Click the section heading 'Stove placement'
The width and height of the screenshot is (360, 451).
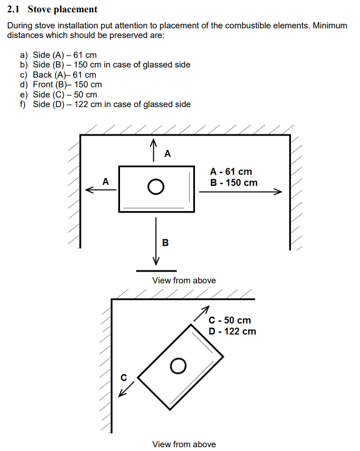click(x=63, y=9)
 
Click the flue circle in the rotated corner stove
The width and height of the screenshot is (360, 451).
click(x=178, y=366)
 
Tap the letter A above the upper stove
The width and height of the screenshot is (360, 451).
click(x=168, y=154)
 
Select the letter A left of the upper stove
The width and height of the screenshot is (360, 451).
click(x=106, y=182)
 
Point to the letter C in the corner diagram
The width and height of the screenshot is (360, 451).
click(x=123, y=377)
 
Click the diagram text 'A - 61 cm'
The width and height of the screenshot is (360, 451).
click(x=231, y=172)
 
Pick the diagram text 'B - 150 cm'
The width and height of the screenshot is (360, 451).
click(x=234, y=183)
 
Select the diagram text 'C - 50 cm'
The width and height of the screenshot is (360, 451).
click(x=230, y=320)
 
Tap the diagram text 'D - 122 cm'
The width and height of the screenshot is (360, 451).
click(x=232, y=331)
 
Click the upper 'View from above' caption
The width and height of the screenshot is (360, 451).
click(x=184, y=280)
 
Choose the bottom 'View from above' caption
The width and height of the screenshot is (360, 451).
click(x=184, y=444)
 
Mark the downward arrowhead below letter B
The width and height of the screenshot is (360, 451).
click(x=156, y=261)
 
